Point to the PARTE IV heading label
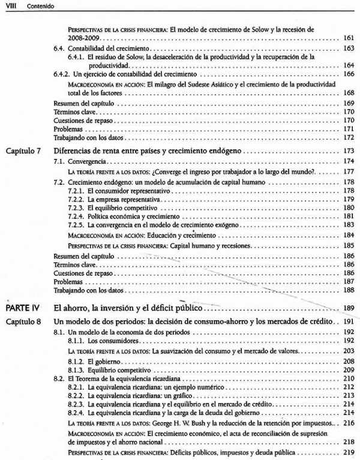click(22, 308)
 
